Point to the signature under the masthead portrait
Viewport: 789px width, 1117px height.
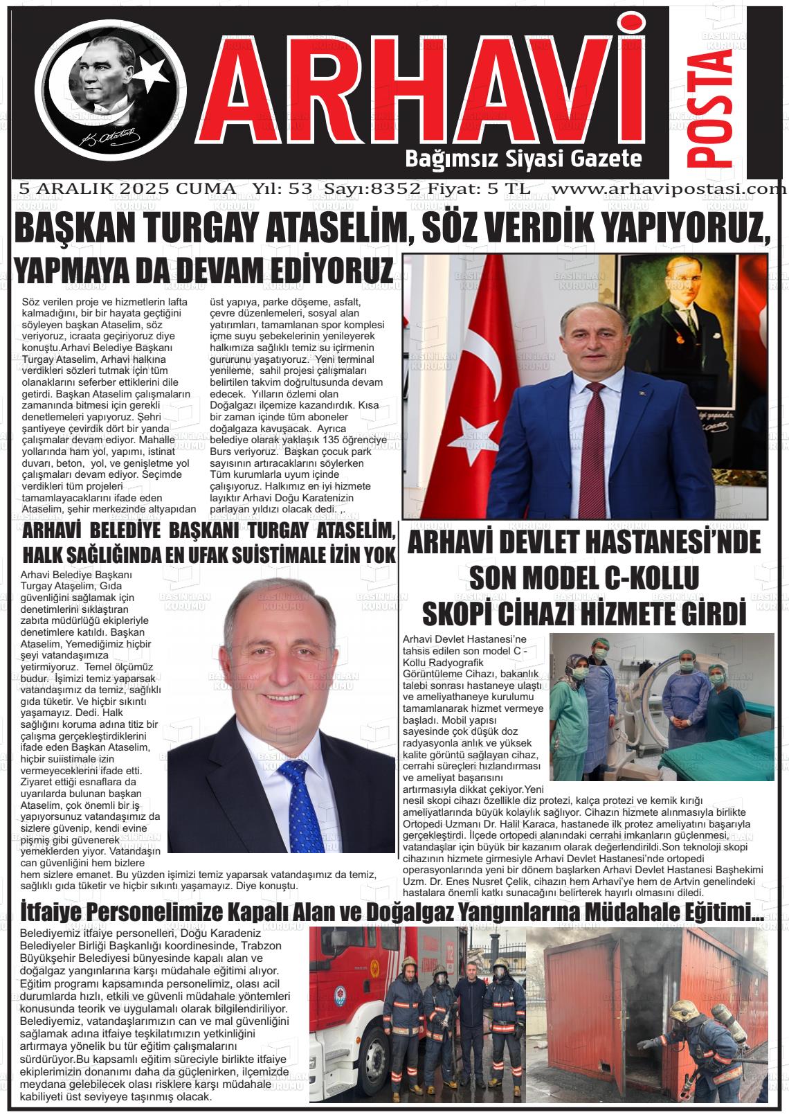point(111,136)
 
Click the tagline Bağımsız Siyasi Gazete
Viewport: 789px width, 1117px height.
point(523,159)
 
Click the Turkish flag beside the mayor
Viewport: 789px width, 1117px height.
point(460,388)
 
